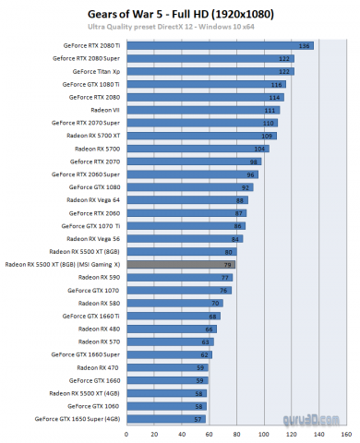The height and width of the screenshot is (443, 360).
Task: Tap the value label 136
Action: tap(305, 45)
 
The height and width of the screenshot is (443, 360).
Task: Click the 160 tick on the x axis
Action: tap(345, 433)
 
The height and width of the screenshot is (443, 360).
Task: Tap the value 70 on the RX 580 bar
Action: tap(215, 303)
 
